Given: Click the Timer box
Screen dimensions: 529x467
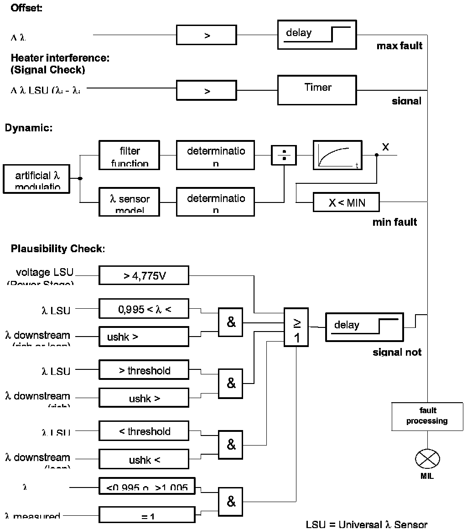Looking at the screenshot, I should coord(317,90).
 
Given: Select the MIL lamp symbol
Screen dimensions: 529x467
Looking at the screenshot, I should coord(427,458).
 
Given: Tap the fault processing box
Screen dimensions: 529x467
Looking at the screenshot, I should coord(427,416).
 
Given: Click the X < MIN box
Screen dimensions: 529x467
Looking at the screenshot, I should coord(346,202).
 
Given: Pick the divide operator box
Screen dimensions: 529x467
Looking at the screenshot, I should coord(284,155).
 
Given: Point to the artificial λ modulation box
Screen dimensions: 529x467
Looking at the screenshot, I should coord(37,178).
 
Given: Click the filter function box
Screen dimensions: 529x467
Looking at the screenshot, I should coord(130,155).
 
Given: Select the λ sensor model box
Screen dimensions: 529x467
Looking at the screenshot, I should coord(130,202).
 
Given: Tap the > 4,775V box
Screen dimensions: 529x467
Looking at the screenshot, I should coord(144,275).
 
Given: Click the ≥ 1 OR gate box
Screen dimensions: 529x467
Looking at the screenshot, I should coord(296,327).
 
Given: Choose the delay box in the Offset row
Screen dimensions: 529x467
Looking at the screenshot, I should coord(317,35).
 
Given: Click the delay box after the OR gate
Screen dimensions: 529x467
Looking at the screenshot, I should coord(364,327).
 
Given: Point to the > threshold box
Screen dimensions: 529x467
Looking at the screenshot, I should coord(144,370).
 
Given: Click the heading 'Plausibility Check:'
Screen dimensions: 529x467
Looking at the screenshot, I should coord(58,249).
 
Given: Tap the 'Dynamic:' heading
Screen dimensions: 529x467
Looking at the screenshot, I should coord(29,128).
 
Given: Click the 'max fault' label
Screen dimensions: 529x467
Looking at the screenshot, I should coord(399,46).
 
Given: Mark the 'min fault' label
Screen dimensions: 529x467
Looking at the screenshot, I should coord(394,223).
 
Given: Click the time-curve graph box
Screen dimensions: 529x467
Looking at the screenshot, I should coord(337,155).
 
